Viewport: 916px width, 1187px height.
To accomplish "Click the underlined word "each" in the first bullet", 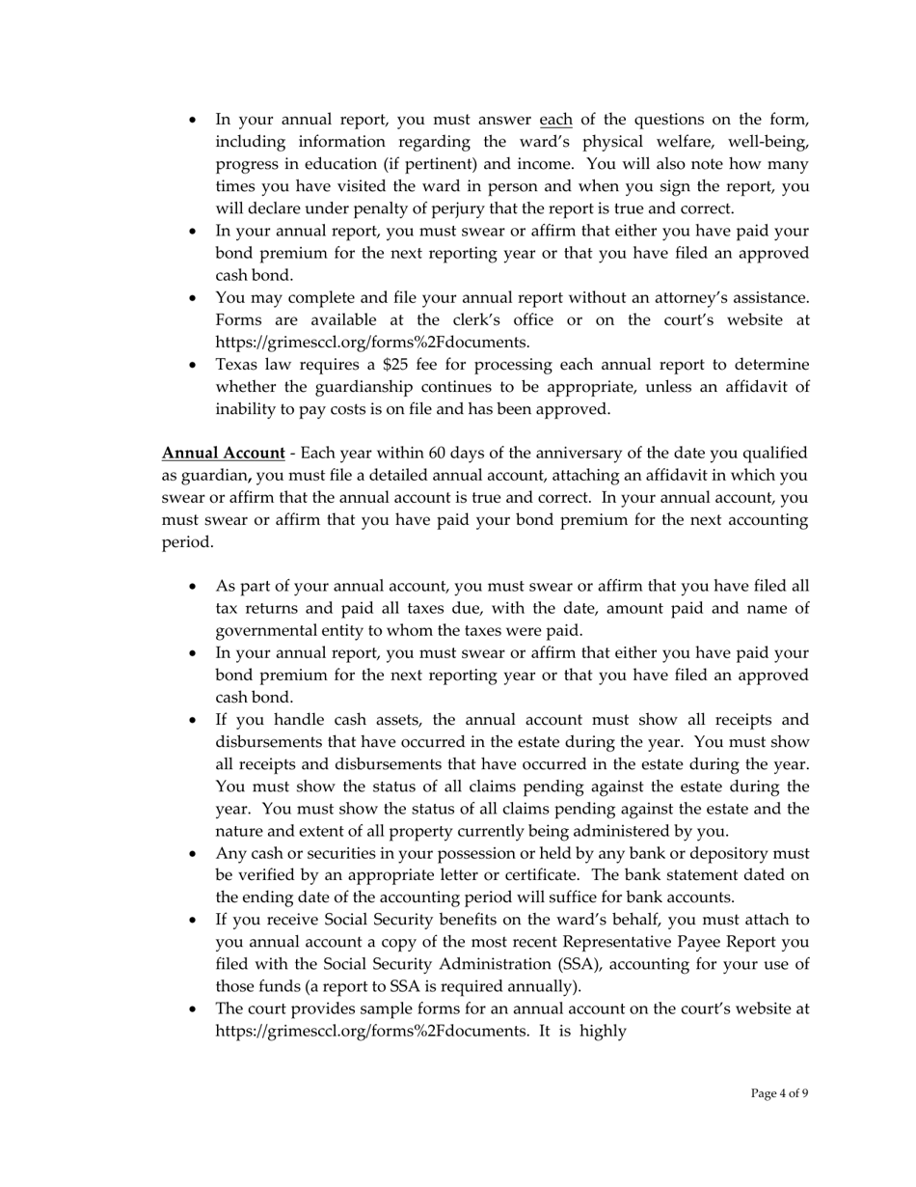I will tap(555, 120).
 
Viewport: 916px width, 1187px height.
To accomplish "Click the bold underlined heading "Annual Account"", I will tap(223, 454).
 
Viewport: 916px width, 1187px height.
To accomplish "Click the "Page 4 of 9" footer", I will tap(779, 1093).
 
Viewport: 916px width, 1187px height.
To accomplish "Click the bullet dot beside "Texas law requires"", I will tap(194, 366).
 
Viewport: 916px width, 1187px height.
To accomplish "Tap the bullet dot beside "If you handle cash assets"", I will tap(194, 721).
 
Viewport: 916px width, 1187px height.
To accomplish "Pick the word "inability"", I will tap(247, 409).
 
